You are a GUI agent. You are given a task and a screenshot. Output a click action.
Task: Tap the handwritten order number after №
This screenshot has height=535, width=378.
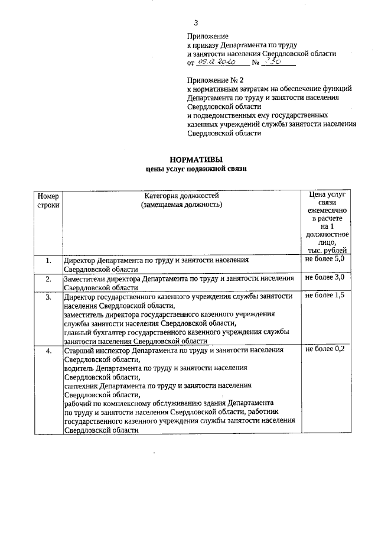coord(272,61)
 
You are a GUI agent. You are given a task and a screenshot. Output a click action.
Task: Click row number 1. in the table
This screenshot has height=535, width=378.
coord(48,260)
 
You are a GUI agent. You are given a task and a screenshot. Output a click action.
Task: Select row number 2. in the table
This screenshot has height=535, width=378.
coord(48,278)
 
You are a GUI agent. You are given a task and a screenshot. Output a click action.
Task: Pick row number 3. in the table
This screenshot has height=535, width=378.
coord(48,297)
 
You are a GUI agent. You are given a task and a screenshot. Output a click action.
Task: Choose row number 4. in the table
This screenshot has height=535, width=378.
coord(48,351)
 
